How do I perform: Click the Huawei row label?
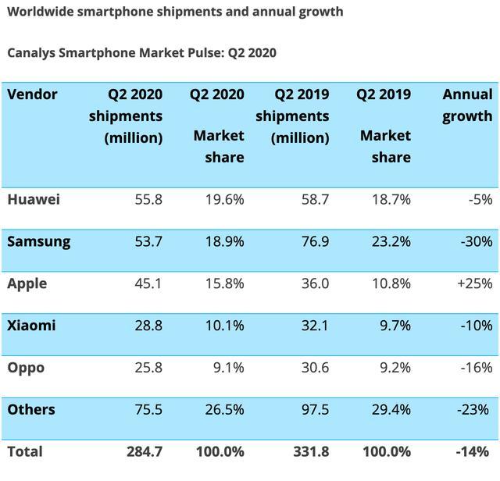tap(34, 199)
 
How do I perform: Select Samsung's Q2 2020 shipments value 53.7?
tap(147, 241)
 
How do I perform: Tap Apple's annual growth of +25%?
tap(472, 283)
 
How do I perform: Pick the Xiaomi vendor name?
tap(31, 326)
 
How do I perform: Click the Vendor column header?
tap(32, 94)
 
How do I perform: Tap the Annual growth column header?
tap(467, 105)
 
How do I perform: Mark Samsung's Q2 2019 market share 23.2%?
tap(391, 241)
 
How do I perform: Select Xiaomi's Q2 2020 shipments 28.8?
tap(147, 326)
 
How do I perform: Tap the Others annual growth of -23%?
tap(475, 410)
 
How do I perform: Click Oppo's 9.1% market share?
tap(227, 368)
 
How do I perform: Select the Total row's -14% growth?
tap(474, 451)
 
